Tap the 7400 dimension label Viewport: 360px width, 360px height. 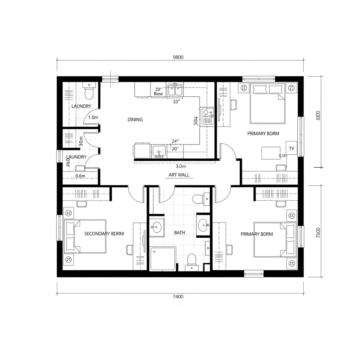[178, 297]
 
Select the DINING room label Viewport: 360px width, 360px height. [135, 120]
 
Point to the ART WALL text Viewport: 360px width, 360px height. [179, 175]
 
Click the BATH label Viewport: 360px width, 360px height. [179, 233]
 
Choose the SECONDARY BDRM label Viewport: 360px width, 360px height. [104, 233]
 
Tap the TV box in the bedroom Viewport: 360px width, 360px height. [291, 148]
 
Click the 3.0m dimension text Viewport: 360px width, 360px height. [181, 167]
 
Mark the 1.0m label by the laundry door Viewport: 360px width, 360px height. [93, 117]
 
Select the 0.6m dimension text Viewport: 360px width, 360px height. [81, 176]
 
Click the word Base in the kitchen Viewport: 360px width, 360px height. [158, 94]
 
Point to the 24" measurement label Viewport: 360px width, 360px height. [175, 141]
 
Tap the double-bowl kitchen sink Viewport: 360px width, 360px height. [175, 90]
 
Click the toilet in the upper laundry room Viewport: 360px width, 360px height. [89, 92]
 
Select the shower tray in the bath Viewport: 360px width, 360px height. [163, 259]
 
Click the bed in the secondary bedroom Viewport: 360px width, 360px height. [85, 236]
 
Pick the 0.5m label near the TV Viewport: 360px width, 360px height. [283, 156]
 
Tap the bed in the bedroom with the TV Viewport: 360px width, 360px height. [267, 103]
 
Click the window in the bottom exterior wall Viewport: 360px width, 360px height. [254, 273]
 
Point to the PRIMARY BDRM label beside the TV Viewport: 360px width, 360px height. [263, 134]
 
